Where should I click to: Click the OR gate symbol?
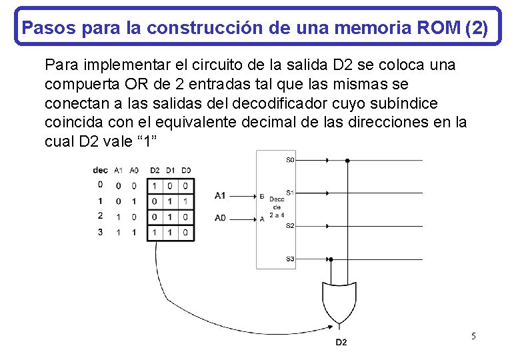pos(339,301)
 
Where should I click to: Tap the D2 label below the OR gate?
pos(341,343)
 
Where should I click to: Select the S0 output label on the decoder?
pos(290,160)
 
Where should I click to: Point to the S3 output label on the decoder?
pos(290,259)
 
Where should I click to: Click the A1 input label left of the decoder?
pos(220,195)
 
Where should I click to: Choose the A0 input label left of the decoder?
pos(220,218)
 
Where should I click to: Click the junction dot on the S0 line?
pos(347,160)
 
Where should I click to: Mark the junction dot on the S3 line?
pos(331,259)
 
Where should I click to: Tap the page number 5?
pos(473,336)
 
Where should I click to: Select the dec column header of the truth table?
pos(100,170)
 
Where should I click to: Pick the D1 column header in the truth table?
pos(171,170)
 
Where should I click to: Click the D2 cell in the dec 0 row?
pos(155,186)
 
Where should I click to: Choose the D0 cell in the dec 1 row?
pos(186,201)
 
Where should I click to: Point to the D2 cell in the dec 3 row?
pos(155,233)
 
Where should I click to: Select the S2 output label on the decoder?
pos(290,226)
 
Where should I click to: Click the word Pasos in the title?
pos(43,28)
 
